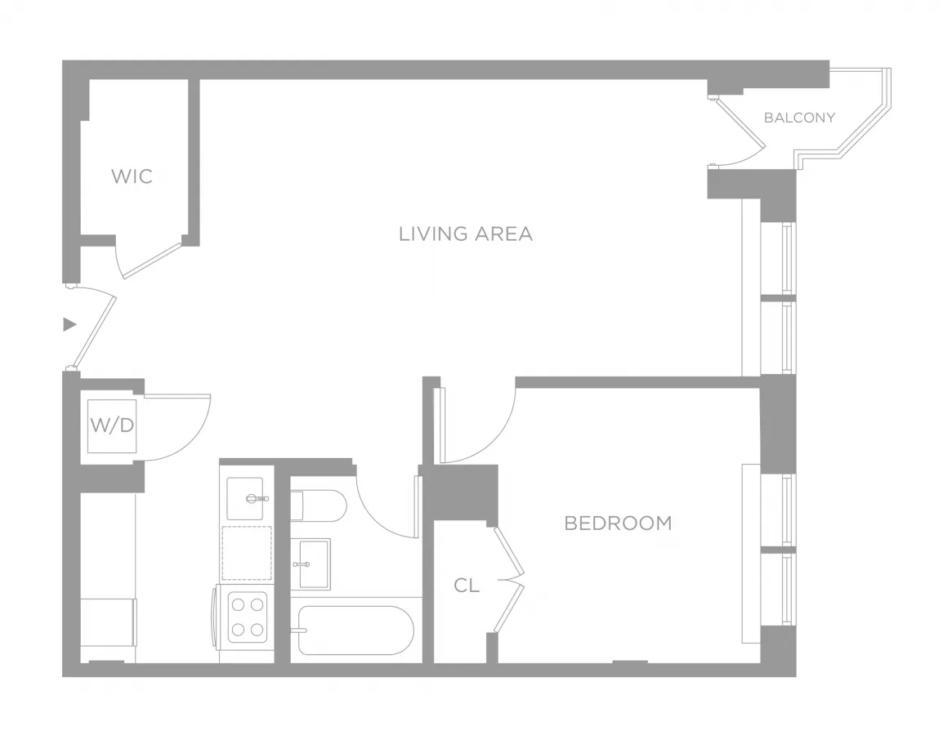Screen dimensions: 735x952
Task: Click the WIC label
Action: pyautogui.click(x=132, y=176)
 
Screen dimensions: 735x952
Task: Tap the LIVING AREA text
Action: pyautogui.click(x=465, y=234)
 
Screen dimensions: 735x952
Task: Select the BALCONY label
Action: pyautogui.click(x=799, y=118)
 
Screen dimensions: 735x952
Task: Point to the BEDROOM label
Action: pyautogui.click(x=618, y=523)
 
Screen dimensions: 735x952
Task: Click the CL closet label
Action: pyautogui.click(x=467, y=585)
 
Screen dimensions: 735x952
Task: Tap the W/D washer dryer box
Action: pyautogui.click(x=112, y=425)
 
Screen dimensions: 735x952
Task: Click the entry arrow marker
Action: pyautogui.click(x=69, y=324)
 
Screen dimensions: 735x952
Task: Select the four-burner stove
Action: pyautogui.click(x=247, y=616)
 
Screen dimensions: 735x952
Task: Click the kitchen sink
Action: pyautogui.click(x=245, y=498)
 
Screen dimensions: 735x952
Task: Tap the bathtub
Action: pyautogui.click(x=355, y=630)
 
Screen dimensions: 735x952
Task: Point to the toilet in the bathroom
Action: pyautogui.click(x=319, y=506)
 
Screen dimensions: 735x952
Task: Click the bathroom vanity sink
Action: pyautogui.click(x=311, y=563)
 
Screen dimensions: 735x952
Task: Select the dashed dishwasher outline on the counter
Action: pyautogui.click(x=246, y=553)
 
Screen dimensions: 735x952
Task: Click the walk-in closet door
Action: pyautogui.click(x=151, y=260)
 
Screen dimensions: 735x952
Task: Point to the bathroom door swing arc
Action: pyautogui.click(x=384, y=510)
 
